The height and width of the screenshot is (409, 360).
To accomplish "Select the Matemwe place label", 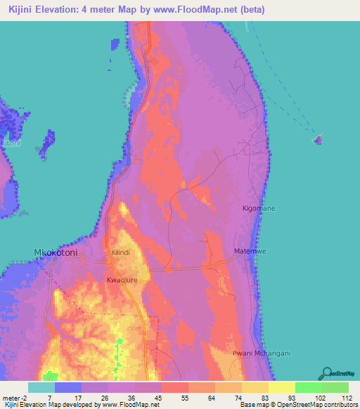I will tap(249, 251).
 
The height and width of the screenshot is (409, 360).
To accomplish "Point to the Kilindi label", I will tap(121, 252).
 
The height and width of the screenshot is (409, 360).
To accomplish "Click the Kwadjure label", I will tap(121, 280).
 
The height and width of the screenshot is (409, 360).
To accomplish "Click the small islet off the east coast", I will tap(319, 140).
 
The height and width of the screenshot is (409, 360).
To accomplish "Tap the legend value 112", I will tap(345, 397).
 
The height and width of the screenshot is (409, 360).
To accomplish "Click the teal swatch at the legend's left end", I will tap(41, 387).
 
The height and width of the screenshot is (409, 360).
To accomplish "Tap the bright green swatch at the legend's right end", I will tap(335, 387).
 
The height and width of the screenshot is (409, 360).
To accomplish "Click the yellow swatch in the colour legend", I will tap(281, 387).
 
